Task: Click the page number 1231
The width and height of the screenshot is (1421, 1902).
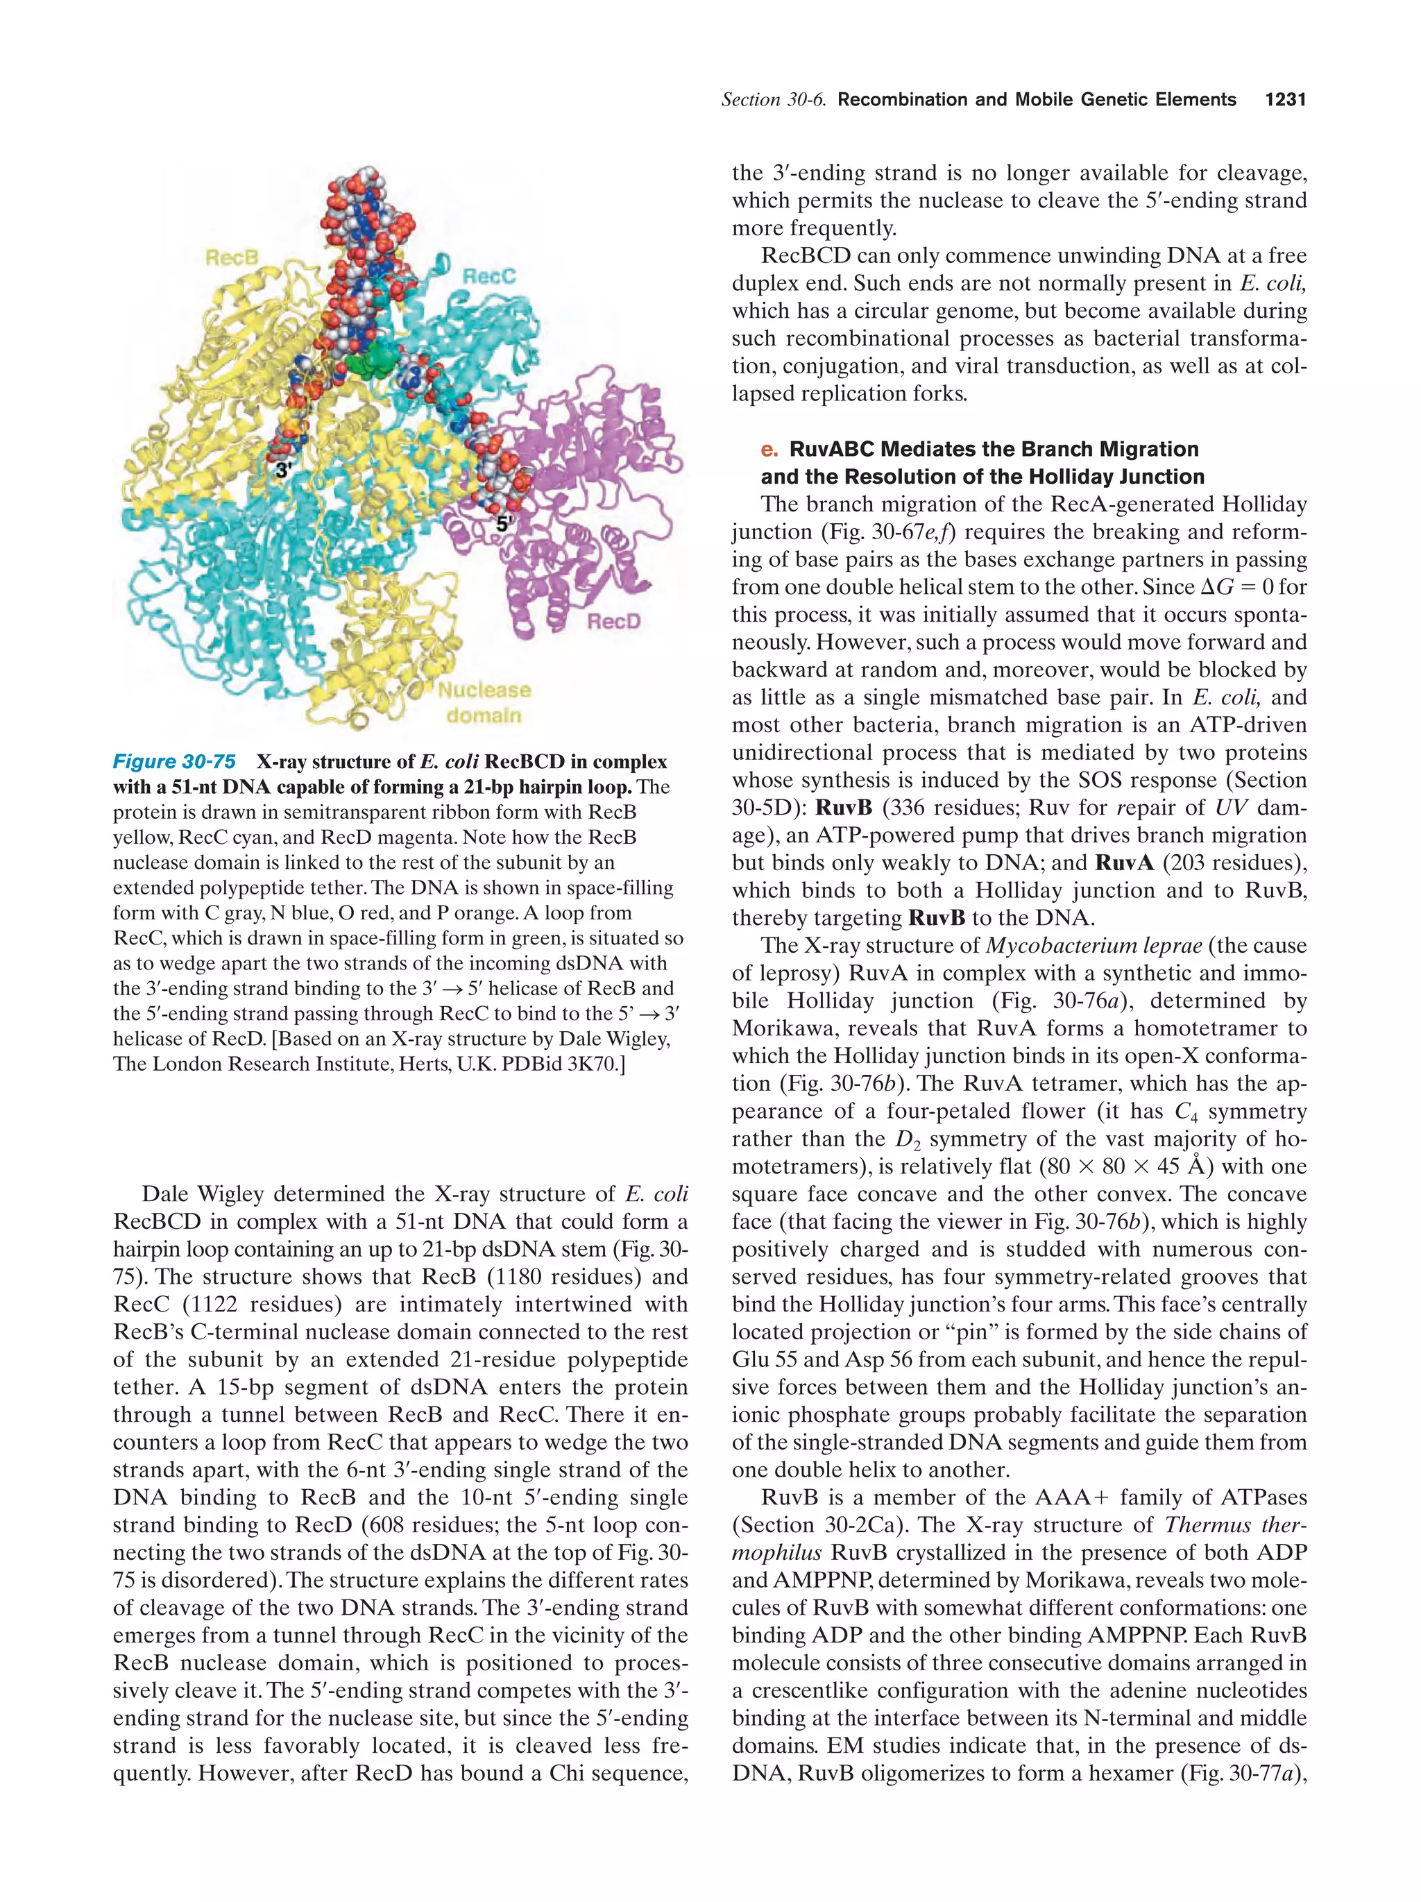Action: pyautogui.click(x=1285, y=100)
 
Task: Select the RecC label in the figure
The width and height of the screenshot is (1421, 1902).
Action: pyautogui.click(x=488, y=276)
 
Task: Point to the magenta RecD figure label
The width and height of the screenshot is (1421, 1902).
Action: pyautogui.click(x=614, y=621)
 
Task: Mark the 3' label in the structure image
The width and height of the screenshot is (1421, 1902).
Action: pyautogui.click(x=284, y=470)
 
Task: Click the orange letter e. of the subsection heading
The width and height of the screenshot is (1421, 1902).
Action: pyautogui.click(x=769, y=449)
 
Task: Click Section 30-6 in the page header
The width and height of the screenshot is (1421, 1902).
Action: pyautogui.click(x=773, y=100)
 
